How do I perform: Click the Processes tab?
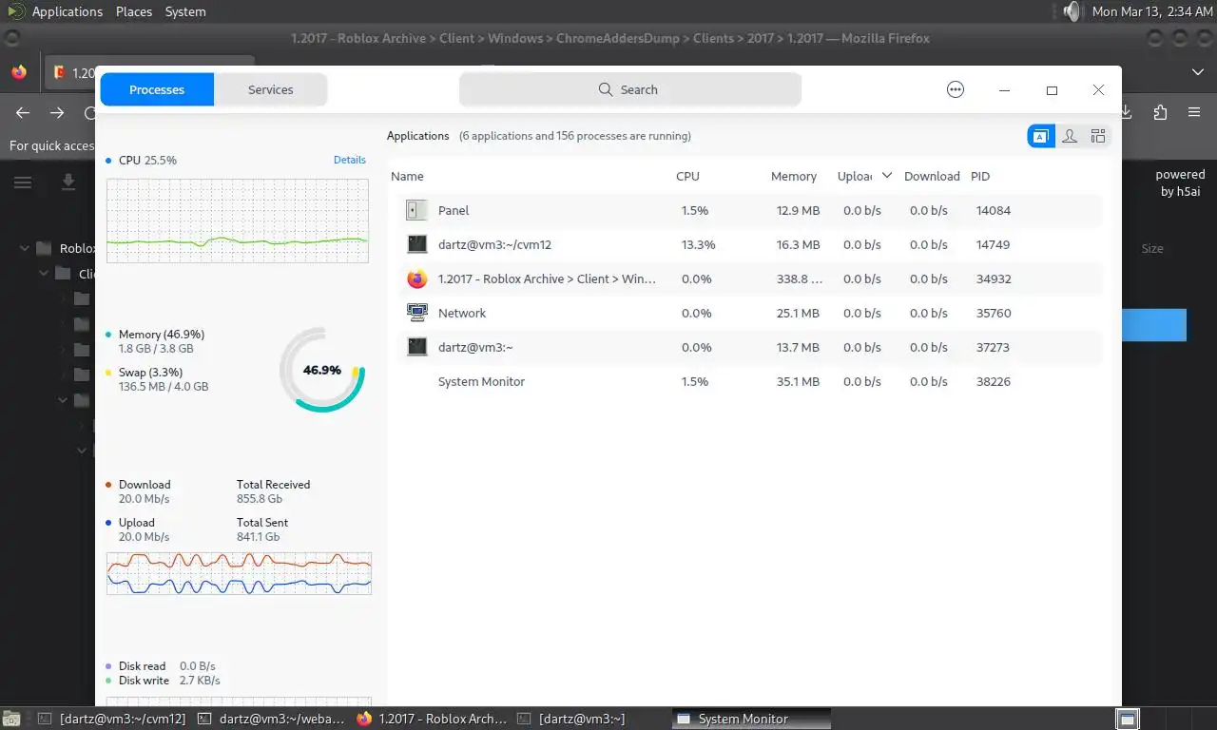click(x=157, y=89)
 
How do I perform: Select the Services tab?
click(x=270, y=89)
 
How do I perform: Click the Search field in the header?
click(x=629, y=89)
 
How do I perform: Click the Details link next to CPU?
click(x=350, y=160)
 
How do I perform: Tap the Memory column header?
click(x=794, y=176)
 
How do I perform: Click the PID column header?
click(x=980, y=176)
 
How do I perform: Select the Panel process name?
click(x=454, y=210)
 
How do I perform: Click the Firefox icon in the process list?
click(x=416, y=279)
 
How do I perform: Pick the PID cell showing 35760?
click(x=994, y=313)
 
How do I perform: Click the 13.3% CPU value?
click(x=698, y=244)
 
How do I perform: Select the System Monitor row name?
click(x=481, y=381)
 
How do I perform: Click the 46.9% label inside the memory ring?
click(x=322, y=370)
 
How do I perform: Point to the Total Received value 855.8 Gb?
click(x=260, y=498)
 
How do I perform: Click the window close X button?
click(x=1098, y=89)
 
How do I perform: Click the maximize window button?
click(x=1052, y=90)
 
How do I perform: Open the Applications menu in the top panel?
click(x=67, y=11)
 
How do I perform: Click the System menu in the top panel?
click(x=185, y=11)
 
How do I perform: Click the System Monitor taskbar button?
click(x=743, y=719)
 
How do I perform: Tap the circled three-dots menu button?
click(x=956, y=89)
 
